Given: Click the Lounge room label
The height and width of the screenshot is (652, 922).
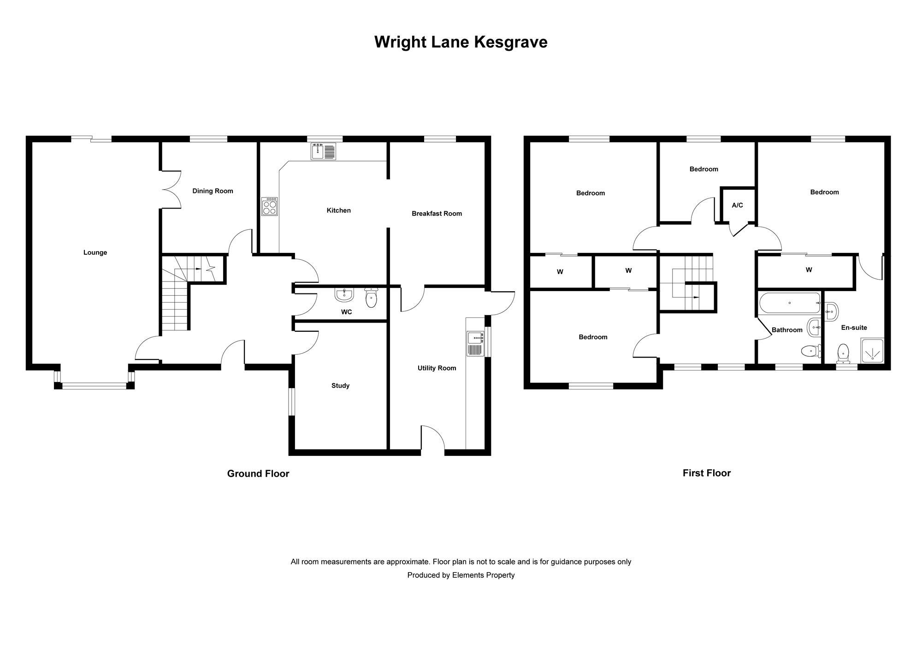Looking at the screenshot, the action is pos(95,252).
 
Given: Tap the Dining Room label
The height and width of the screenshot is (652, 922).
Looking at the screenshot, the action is pos(213,191).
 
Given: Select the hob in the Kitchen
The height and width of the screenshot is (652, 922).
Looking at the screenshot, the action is pos(270,206).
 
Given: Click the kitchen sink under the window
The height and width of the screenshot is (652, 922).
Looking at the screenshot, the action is pos(324,151).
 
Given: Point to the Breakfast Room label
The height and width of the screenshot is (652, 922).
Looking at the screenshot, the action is pos(437,214).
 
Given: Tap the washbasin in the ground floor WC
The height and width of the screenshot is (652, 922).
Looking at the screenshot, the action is pos(344,294).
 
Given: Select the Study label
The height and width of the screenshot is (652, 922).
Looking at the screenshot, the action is pos(340,386).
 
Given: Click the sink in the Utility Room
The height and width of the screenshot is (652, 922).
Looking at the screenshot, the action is pos(475,344).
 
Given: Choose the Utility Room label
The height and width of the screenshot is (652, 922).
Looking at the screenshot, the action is pos(437,368).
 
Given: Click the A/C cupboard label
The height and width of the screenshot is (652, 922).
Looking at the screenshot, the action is pos(737,205).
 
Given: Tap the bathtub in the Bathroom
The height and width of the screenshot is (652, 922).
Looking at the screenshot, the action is pos(790,303).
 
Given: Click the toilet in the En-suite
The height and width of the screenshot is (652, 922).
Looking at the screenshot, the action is pos(843,353).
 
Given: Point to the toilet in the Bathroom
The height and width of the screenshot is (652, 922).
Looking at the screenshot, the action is pos(811,352).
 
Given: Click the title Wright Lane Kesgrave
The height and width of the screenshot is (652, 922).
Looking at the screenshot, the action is pos(461,42).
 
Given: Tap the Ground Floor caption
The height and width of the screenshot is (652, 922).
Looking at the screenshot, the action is pos(258,473).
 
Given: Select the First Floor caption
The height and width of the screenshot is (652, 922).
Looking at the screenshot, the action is pos(707,473).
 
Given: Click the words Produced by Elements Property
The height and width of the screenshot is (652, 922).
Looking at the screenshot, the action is pos(461,575).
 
